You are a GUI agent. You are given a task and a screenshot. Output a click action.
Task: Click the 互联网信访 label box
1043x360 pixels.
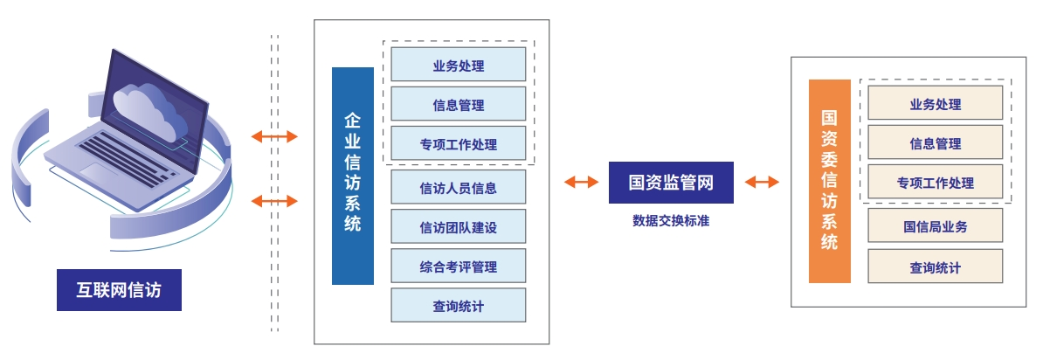(x=119, y=290)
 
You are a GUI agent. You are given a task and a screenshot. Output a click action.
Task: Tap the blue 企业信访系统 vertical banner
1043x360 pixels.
(x=353, y=176)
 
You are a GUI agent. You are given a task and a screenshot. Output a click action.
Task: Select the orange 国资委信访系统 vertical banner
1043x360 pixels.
(x=830, y=181)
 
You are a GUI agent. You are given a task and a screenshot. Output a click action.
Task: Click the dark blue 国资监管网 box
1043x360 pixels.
(x=671, y=183)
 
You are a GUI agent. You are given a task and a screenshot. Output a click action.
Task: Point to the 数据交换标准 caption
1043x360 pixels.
(x=671, y=221)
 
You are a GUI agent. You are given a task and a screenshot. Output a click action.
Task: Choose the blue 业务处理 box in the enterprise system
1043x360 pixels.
(x=459, y=65)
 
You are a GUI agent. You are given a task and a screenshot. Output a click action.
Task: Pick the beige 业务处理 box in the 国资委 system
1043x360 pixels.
(x=936, y=103)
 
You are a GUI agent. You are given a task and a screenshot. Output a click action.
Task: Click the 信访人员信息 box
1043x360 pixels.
(x=459, y=187)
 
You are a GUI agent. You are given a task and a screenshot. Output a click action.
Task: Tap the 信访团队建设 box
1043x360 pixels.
(x=459, y=226)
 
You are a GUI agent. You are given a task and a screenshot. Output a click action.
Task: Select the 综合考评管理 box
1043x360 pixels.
(x=459, y=266)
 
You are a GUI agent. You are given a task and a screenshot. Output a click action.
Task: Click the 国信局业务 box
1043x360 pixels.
(x=936, y=225)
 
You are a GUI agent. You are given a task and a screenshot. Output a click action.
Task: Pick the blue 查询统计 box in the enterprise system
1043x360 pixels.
(x=459, y=305)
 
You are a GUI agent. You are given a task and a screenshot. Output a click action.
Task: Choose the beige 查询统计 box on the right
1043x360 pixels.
(x=936, y=267)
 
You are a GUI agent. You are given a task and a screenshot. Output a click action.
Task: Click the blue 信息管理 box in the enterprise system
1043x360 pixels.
(x=459, y=104)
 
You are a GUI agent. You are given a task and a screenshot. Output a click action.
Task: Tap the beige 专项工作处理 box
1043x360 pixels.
(x=936, y=182)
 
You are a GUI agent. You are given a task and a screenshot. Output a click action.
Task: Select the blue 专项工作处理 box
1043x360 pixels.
(x=459, y=143)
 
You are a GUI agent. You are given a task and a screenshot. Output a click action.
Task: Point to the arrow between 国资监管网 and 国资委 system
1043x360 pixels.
(x=762, y=182)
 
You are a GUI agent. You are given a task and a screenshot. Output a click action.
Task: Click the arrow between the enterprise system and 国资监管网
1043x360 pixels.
(x=582, y=182)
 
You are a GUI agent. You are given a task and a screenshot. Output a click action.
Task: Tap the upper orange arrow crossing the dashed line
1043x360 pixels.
(x=274, y=137)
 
